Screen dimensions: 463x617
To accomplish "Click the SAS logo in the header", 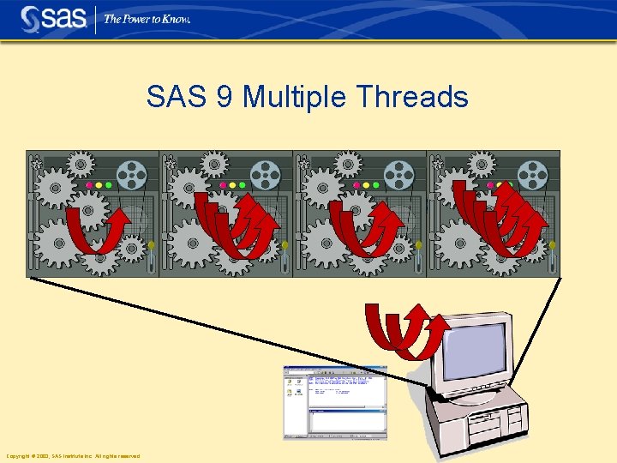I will coord(53,18).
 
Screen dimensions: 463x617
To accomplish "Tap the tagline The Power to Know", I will coord(147,19).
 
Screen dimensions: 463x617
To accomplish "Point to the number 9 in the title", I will coord(225,96).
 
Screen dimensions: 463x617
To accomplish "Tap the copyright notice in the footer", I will coord(73,456).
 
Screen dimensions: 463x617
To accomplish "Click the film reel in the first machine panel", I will coord(132,177).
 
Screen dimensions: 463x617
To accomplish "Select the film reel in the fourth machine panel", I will coord(531,177).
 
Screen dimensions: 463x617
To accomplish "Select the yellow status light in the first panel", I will coord(99,184).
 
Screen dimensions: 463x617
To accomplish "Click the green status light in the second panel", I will coord(242,184).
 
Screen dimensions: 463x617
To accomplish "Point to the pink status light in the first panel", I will coord(90,184).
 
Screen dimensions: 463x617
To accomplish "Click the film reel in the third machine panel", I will coord(398,177).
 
